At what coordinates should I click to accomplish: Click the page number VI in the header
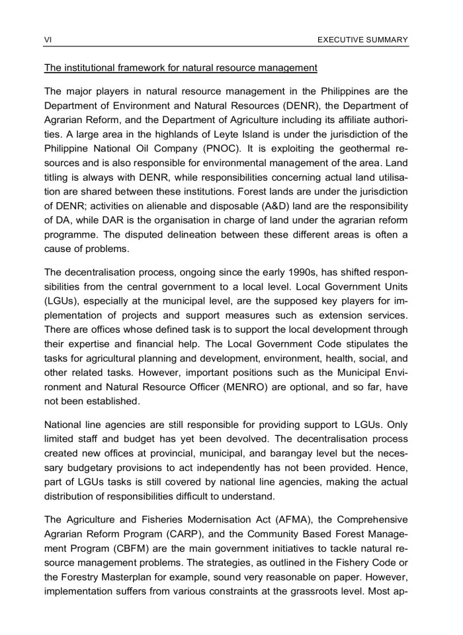pos(47,40)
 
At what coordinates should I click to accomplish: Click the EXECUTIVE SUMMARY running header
pos(362,40)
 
